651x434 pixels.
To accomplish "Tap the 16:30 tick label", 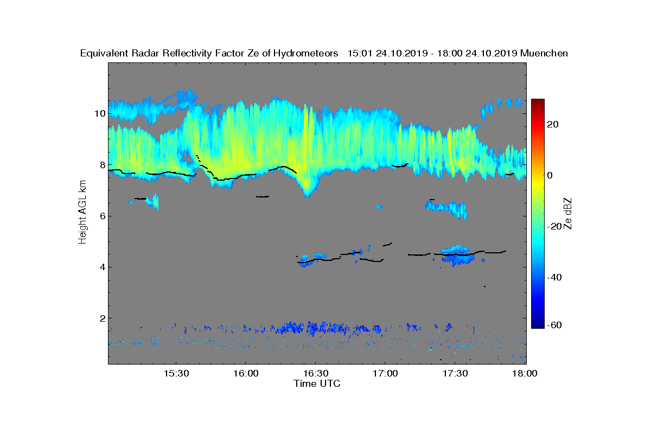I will [316, 374].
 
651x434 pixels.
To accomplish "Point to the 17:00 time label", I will [386, 374].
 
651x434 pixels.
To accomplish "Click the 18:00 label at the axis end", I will [525, 374].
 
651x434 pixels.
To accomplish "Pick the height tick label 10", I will [98, 114].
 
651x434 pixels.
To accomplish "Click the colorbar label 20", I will [553, 125].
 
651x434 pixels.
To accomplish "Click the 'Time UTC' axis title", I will [317, 384].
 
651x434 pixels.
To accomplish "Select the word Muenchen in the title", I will [544, 53].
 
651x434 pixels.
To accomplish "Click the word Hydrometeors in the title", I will [305, 53].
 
